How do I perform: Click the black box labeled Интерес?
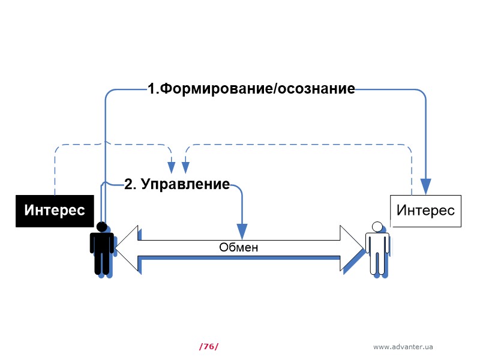pyautogui.click(x=54, y=211)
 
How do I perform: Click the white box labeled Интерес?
pyautogui.click(x=425, y=211)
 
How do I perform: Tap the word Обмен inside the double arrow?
pyautogui.click(x=238, y=247)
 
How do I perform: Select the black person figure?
pyautogui.click(x=101, y=249)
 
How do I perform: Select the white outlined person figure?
pyautogui.click(x=377, y=249)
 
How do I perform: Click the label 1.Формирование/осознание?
pyautogui.click(x=251, y=89)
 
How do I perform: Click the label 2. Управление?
pyautogui.click(x=176, y=184)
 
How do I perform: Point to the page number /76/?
pyautogui.click(x=208, y=346)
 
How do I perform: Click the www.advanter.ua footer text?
pyautogui.click(x=403, y=347)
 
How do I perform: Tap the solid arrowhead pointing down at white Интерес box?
pyautogui.click(x=426, y=186)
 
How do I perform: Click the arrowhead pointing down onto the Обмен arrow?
pyautogui.click(x=242, y=230)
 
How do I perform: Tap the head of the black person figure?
pyautogui.click(x=101, y=227)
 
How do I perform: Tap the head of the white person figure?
pyautogui.click(x=377, y=227)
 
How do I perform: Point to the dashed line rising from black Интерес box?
pyautogui.click(x=55, y=174)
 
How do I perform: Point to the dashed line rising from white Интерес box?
pyautogui.click(x=412, y=174)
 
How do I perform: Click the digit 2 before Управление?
pyautogui.click(x=128, y=184)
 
